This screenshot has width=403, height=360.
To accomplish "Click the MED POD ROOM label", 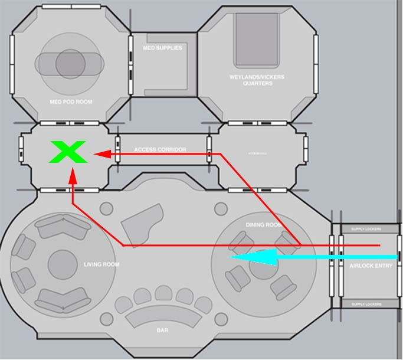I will pyautogui.click(x=71, y=102).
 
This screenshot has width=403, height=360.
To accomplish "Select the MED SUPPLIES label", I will pyautogui.click(x=163, y=48).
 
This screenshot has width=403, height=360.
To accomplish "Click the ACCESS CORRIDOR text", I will pyautogui.click(x=160, y=150).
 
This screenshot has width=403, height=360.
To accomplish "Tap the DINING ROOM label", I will pyautogui.click(x=264, y=225).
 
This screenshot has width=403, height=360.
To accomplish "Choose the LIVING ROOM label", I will pyautogui.click(x=101, y=264).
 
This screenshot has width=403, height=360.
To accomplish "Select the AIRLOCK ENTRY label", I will pyautogui.click(x=371, y=266).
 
